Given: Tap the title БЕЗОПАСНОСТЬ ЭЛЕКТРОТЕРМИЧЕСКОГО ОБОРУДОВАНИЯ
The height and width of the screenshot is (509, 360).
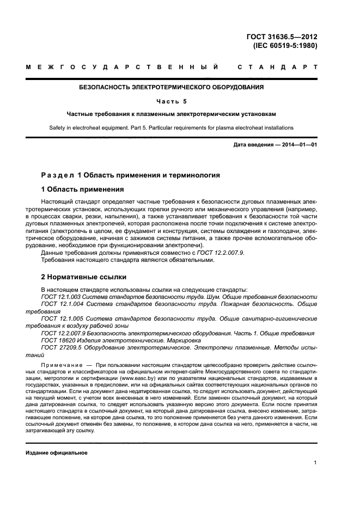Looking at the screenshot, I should click(172, 87).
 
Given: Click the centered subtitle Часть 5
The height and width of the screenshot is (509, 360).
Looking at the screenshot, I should click(172, 101).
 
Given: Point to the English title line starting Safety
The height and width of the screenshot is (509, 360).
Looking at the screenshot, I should click(172, 128).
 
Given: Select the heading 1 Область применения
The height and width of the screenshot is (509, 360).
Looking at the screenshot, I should click(83, 190).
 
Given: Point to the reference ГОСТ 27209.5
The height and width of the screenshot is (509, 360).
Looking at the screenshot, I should click(62, 347).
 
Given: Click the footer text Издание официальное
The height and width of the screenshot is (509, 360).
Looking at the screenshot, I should click(57, 453).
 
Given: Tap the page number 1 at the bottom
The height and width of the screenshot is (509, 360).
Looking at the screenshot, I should click(315, 463).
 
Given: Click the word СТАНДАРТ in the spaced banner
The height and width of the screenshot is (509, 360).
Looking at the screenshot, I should click(277, 68).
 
